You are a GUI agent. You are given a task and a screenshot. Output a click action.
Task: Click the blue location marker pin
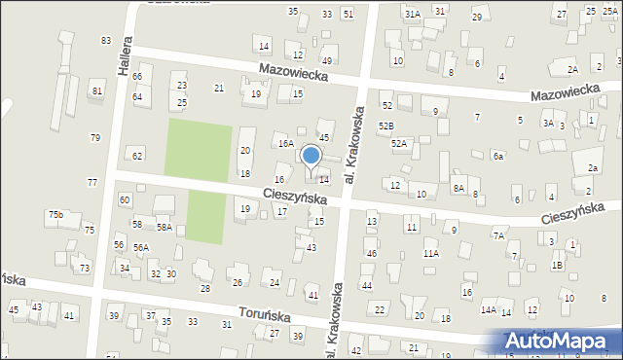tap(311, 156)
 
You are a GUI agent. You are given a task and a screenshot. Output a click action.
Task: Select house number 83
tap(105, 40)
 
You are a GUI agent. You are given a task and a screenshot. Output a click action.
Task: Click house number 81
tap(95, 91)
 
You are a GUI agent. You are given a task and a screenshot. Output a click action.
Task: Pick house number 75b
tap(55, 214)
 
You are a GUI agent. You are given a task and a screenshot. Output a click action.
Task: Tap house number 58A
tap(165, 227)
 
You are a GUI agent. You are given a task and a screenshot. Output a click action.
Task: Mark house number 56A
tap(141, 247)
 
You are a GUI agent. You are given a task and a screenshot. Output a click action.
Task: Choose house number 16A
tap(285, 143)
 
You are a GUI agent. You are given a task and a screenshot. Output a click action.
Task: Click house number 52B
tap(386, 126)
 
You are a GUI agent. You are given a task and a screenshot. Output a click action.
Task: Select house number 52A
tap(398, 143)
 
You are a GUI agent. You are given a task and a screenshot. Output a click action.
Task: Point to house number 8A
tap(458, 188)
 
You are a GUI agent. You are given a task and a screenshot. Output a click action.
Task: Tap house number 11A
tap(430, 253)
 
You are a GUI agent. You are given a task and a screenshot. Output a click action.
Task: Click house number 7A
tap(498, 235)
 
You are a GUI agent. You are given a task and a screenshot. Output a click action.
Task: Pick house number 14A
tap(488, 309)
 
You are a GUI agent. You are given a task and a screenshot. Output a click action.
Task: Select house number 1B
tap(557, 265)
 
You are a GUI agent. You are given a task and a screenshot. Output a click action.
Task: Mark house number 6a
tap(497, 156)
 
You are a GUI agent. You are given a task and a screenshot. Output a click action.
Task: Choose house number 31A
tap(413, 14)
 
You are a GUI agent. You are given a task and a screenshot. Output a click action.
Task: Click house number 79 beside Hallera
tap(94, 137)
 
